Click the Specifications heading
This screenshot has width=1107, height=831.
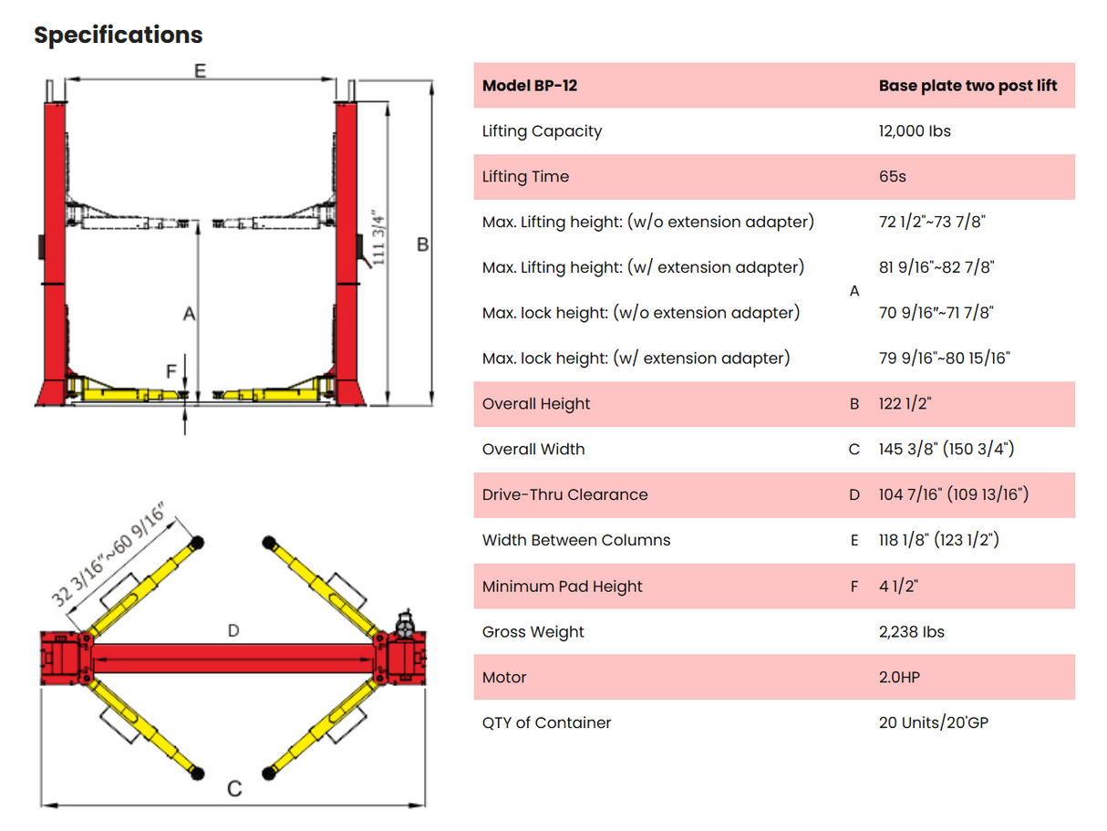[118, 35]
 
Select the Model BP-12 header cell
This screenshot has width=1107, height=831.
[529, 86]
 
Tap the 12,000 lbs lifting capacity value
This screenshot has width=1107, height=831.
[915, 131]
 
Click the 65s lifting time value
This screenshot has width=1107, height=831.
[892, 177]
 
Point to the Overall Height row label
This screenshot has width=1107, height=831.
[536, 404]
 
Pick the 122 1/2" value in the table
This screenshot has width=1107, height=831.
[905, 404]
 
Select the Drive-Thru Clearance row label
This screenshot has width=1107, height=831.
[564, 494]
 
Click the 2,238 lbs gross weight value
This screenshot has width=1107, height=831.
[911, 632]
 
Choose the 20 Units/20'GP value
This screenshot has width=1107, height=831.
[933, 722]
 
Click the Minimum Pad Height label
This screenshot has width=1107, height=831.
[562, 587]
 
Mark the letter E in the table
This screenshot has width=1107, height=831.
[854, 540]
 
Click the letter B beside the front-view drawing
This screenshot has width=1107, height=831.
[422, 245]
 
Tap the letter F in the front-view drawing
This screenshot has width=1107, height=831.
[171, 371]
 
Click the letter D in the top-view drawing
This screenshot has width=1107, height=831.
[233, 630]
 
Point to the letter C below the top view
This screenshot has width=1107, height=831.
[234, 789]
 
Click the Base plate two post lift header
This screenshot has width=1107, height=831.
[967, 86]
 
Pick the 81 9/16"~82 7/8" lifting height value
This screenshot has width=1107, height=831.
[936, 267]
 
